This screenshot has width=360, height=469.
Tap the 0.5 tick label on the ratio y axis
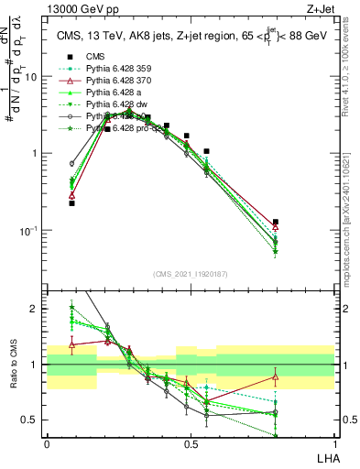click(x=32, y=420)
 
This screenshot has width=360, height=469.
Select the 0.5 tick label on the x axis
click(x=190, y=443)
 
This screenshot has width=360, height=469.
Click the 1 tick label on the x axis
click(x=333, y=443)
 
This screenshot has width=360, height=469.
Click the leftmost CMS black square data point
click(x=71, y=203)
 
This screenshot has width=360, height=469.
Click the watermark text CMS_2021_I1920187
click(x=190, y=275)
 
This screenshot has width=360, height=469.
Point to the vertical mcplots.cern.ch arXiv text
click(x=352, y=220)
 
